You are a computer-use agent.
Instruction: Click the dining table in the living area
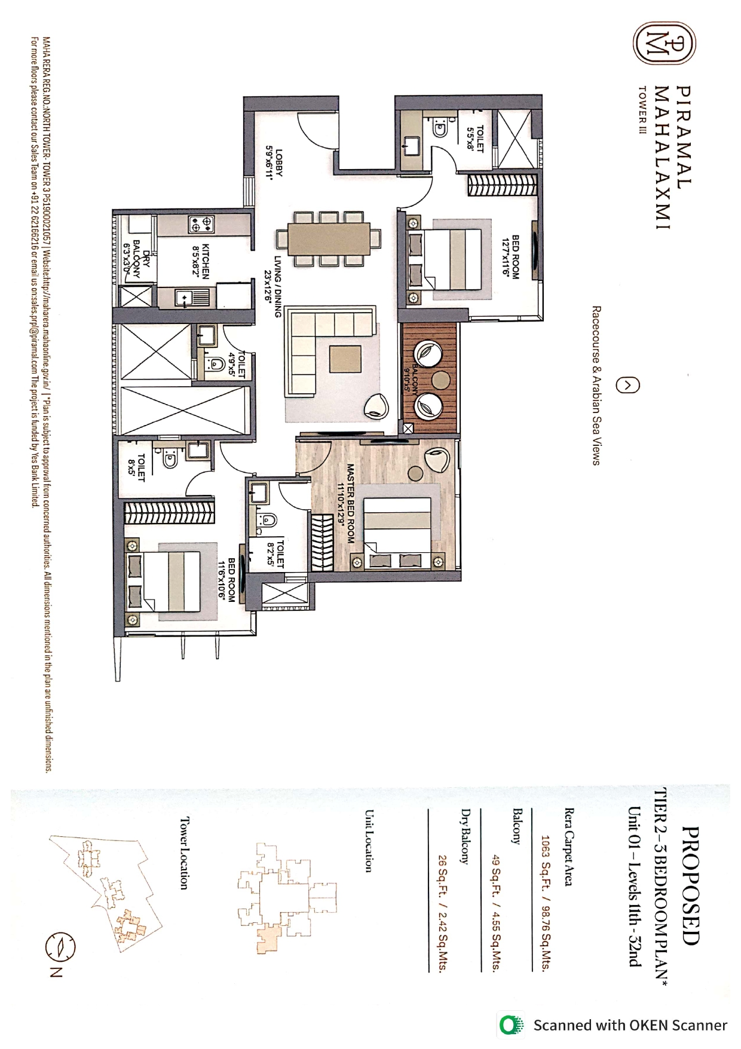click(328, 238)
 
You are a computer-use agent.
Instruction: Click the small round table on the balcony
click(441, 380)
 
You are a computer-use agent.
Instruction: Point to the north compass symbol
click(60, 946)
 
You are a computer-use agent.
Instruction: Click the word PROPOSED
click(690, 885)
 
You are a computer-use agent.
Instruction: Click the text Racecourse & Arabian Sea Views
click(596, 386)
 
